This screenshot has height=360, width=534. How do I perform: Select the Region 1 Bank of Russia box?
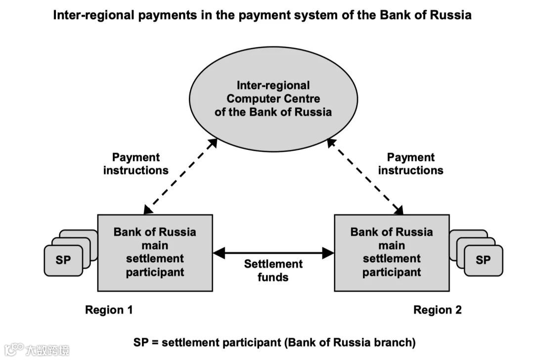(x=155, y=252)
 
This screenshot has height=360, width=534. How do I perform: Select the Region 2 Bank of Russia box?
(x=392, y=252)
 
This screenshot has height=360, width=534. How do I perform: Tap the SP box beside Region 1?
(x=63, y=260)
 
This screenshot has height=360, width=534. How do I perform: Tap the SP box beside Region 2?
(x=483, y=260)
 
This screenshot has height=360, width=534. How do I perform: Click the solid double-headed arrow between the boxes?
(x=273, y=253)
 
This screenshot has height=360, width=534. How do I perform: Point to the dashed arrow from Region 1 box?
(x=180, y=176)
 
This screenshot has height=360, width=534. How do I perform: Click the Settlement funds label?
(x=273, y=270)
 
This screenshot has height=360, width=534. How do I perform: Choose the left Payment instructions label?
(x=135, y=164)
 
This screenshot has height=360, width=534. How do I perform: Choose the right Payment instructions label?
(x=410, y=164)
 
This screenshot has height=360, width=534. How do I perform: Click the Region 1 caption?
(x=109, y=310)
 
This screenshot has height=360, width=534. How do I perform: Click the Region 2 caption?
(x=438, y=310)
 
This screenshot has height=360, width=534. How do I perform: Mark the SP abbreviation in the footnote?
(x=141, y=342)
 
